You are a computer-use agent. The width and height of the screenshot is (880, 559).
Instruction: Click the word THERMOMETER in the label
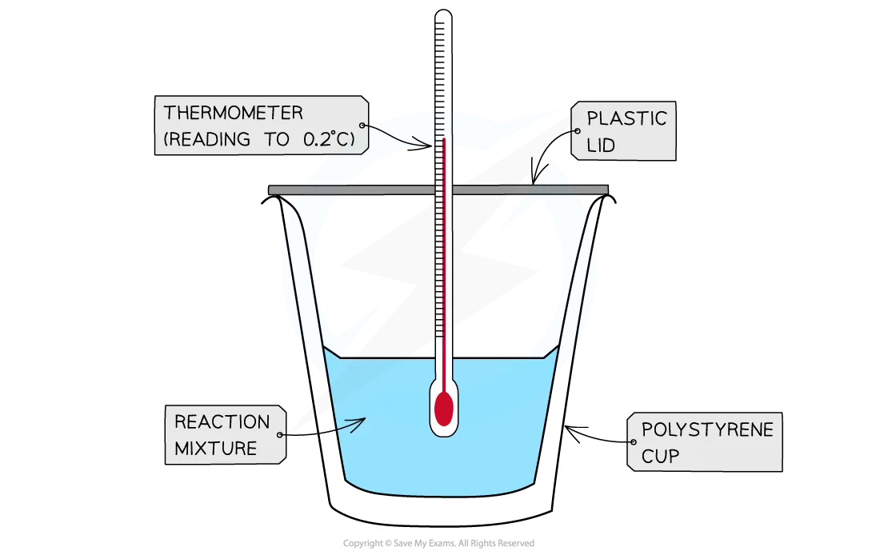point(233,113)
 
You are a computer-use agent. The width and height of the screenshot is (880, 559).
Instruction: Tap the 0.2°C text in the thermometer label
point(329,139)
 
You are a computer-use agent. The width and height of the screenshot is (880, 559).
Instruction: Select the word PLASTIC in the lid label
point(627,118)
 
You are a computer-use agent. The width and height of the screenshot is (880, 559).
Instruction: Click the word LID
point(601,146)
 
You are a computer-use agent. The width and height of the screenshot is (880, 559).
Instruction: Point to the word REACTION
point(222,421)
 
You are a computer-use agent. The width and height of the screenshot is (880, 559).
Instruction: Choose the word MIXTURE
point(215,449)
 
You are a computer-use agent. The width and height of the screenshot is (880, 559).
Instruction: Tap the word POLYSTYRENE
point(707,429)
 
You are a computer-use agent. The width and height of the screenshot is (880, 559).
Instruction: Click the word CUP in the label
point(660,457)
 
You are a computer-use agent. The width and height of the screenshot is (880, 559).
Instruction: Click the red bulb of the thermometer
point(443,408)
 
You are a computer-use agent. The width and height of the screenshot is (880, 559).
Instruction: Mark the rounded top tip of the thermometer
point(443,10)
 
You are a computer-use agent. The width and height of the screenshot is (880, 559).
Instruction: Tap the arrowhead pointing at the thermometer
point(425,144)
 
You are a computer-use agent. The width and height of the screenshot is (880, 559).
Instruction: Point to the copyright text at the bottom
point(438,543)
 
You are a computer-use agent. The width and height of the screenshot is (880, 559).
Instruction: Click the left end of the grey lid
point(270,190)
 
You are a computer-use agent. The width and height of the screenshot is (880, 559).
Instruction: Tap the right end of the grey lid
point(607,190)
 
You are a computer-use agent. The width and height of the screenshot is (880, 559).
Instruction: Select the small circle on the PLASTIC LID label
point(578,131)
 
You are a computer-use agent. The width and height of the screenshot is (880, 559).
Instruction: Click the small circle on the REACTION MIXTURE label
point(279,435)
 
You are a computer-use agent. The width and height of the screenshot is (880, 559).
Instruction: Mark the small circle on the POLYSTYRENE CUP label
point(634,442)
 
